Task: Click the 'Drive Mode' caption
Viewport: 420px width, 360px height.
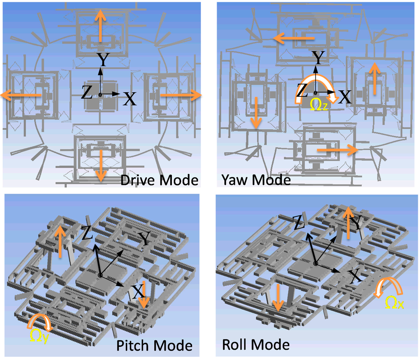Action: pos(159,180)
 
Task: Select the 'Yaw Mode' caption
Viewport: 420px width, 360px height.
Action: pos(256,179)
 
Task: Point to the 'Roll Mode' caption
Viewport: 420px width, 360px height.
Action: pos(256,344)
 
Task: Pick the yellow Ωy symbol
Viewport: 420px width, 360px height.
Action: pos(39,336)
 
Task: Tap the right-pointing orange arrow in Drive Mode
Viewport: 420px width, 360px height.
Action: pos(180,95)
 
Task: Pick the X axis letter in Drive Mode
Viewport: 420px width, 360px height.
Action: pos(130,99)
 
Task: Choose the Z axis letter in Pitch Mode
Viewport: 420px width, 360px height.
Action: pos(86,234)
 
